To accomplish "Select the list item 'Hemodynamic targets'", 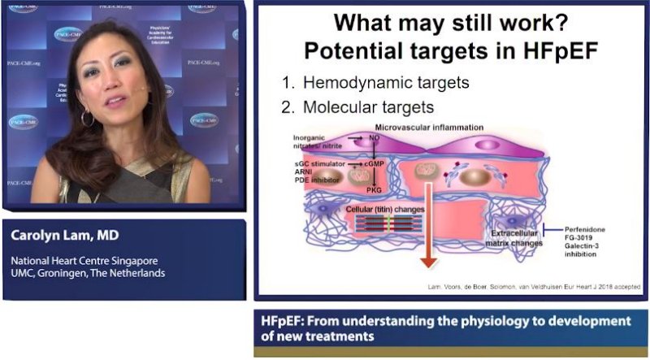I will [366, 84].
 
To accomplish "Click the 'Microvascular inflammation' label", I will [431, 128].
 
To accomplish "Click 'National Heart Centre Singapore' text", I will [80, 261].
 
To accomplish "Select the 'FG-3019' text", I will [582, 241].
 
